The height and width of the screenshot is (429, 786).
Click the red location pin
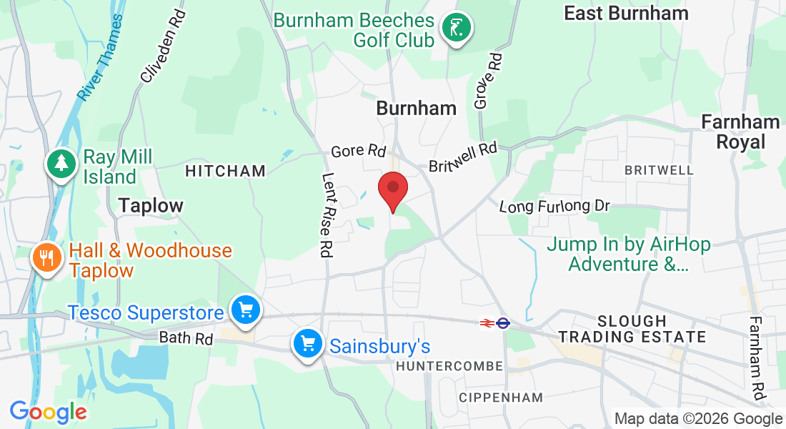pyautogui.click(x=392, y=189)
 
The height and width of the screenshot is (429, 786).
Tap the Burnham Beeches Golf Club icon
pyautogui.click(x=456, y=29)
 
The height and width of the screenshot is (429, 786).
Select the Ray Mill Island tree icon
pyautogui.click(x=62, y=164)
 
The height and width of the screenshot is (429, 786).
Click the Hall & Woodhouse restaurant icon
pyautogui.click(x=47, y=257)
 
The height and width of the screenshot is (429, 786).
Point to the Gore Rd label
pyautogui.click(x=358, y=152)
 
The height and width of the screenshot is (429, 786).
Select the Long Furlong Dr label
pyautogui.click(x=554, y=207)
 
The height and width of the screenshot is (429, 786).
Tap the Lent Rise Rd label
pyautogui.click(x=327, y=215)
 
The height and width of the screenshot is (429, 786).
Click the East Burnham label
pyautogui.click(x=626, y=13)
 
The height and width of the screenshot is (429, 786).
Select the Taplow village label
pyautogui.click(x=151, y=205)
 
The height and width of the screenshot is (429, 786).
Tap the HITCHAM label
pyautogui.click(x=225, y=171)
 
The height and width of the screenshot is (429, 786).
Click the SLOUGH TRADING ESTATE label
pyautogui.click(x=632, y=329)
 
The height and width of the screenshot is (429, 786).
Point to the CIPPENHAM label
pyautogui.click(x=501, y=397)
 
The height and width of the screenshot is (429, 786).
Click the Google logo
pyautogui.click(x=48, y=412)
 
